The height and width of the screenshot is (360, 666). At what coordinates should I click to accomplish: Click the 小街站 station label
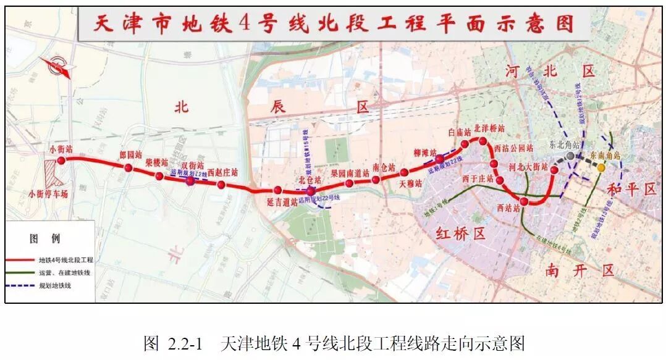click(x=61, y=149)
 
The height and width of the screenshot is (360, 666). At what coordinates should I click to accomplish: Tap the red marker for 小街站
click(x=61, y=161)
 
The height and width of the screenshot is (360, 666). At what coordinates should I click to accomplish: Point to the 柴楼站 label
click(x=157, y=163)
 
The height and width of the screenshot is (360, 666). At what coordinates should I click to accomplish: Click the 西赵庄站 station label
click(x=222, y=173)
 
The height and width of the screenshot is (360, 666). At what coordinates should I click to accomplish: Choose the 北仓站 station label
click(x=310, y=180)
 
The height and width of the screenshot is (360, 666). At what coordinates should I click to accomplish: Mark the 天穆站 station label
click(x=410, y=183)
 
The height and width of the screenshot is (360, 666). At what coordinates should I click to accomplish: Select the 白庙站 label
click(x=460, y=132)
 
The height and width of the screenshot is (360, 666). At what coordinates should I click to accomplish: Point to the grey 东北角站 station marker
click(x=570, y=156)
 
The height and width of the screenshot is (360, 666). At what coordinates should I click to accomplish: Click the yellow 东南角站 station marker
click(x=601, y=168)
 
